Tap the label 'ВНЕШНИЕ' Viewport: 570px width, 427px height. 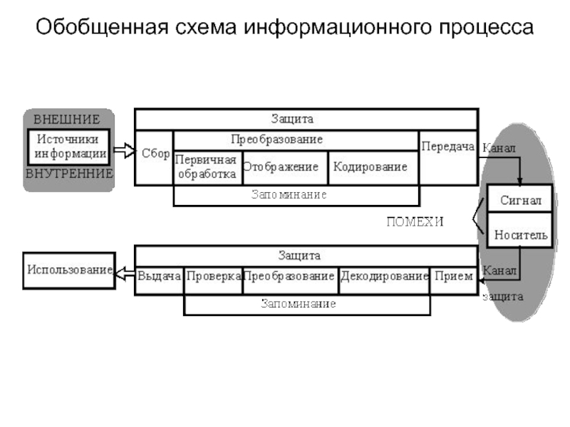(x=67, y=119)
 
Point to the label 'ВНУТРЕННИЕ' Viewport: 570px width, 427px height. (x=69, y=173)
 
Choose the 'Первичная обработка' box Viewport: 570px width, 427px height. (x=207, y=167)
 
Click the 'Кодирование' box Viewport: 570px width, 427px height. (x=370, y=167)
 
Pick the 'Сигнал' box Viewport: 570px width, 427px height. (x=520, y=201)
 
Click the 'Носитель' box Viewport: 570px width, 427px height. (x=521, y=234)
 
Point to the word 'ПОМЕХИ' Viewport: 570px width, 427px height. (x=415, y=221)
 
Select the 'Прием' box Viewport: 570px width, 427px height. (x=454, y=276)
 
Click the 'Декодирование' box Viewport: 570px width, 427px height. (x=383, y=276)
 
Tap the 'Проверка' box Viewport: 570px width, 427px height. (x=213, y=276)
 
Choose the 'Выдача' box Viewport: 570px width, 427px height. (x=160, y=276)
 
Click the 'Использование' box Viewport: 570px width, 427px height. (x=69, y=270)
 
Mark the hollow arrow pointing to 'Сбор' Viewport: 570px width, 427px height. (x=124, y=151)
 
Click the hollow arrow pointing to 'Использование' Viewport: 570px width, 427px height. (x=125, y=272)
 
